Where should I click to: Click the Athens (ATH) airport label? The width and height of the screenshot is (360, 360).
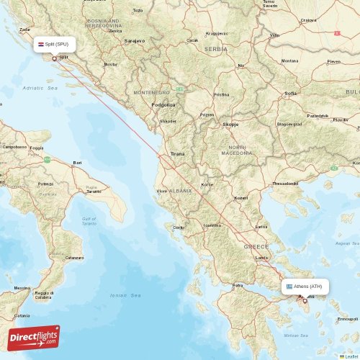point(308,286)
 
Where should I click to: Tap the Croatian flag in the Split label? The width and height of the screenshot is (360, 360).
point(40,44)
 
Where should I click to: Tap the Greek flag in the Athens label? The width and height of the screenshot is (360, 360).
point(289,286)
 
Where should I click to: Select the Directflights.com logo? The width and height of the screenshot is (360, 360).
point(35,338)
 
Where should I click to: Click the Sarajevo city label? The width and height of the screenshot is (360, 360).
point(135,41)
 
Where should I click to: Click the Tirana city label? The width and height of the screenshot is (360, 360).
point(177,154)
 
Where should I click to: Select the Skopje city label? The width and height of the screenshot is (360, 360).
point(231,124)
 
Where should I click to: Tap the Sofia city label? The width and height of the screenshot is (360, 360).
point(291,93)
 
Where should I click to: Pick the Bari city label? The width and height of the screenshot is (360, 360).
point(77,163)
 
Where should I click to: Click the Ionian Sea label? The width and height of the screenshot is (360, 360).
point(123,296)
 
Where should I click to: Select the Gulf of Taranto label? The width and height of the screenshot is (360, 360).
point(89,221)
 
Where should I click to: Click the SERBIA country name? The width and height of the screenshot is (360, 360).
point(215,49)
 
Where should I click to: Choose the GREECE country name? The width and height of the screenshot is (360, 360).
point(256,246)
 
